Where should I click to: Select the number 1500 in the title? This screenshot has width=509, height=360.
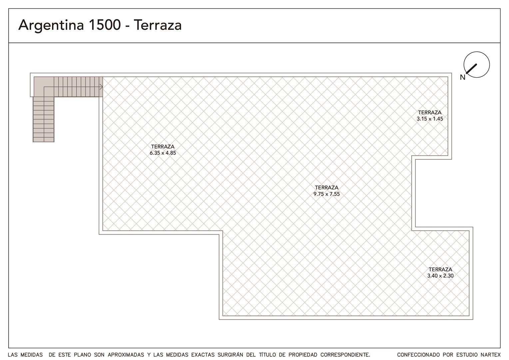point(105,25)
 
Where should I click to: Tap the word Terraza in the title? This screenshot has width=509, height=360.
point(158,25)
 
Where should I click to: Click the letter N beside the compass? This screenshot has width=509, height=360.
point(463,77)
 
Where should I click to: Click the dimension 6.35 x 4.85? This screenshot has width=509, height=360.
point(163,153)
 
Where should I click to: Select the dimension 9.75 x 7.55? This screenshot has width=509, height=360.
point(326,194)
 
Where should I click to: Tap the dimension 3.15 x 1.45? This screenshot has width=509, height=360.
point(430,119)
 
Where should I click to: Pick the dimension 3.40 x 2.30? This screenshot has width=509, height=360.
point(440,276)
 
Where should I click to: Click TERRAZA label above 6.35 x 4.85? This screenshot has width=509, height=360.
point(163,147)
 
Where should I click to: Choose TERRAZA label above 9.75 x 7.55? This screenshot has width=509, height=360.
point(326,188)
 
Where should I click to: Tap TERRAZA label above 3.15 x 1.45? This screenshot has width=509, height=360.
point(430,112)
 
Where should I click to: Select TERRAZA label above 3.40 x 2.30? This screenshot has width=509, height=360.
point(440,269)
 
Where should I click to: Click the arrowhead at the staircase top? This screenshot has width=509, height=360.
point(101,87)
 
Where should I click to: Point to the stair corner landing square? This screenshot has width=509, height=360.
point(44,87)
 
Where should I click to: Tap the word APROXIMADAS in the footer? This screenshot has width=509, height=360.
point(126,355)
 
